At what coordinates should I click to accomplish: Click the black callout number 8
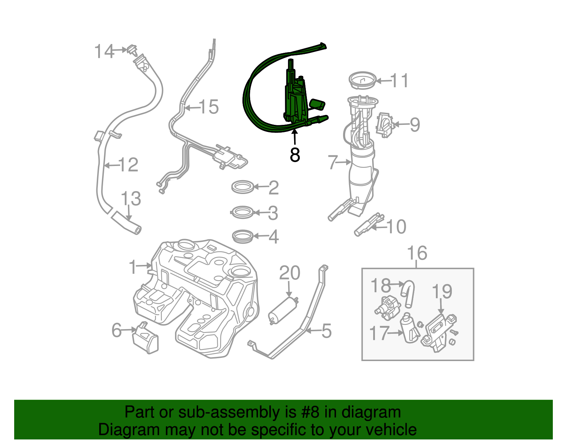coord(294,155)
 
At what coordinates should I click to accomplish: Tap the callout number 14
coord(104,52)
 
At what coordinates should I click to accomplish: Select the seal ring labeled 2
coord(243,187)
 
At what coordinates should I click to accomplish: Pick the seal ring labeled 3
coord(243,212)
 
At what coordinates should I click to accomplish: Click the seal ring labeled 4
coord(243,237)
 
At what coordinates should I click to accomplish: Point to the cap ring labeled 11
coord(362,81)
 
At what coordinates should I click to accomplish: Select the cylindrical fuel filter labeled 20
coord(283,311)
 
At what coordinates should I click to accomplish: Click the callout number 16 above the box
coord(417,253)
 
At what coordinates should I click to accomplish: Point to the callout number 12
coord(128,165)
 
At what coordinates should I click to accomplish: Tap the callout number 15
coord(209,107)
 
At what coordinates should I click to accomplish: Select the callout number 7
coord(332,162)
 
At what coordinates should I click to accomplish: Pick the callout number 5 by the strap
coord(326,331)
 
